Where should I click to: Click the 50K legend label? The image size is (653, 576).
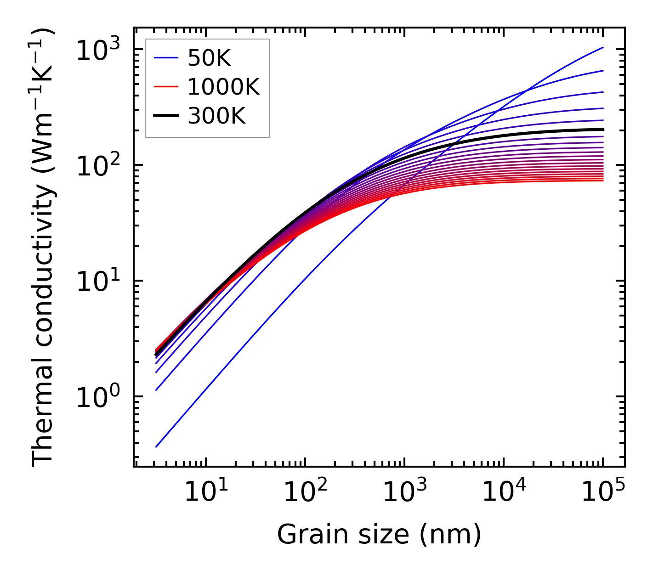(x=209, y=58)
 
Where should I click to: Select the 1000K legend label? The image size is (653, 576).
(x=223, y=87)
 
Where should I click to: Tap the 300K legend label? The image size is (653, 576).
(x=216, y=116)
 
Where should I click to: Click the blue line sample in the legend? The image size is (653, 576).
(x=165, y=58)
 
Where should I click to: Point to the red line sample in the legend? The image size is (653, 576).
(x=165, y=87)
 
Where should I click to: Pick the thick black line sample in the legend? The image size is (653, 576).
(x=165, y=116)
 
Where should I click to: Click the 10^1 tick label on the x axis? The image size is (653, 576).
(x=205, y=492)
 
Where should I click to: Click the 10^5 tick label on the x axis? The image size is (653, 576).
(x=602, y=492)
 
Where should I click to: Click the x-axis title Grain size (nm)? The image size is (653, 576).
(x=379, y=535)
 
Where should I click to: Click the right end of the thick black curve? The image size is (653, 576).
(x=602, y=129)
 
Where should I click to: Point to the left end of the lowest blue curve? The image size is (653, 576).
(x=156, y=446)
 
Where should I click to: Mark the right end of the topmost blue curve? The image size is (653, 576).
(x=602, y=47)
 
